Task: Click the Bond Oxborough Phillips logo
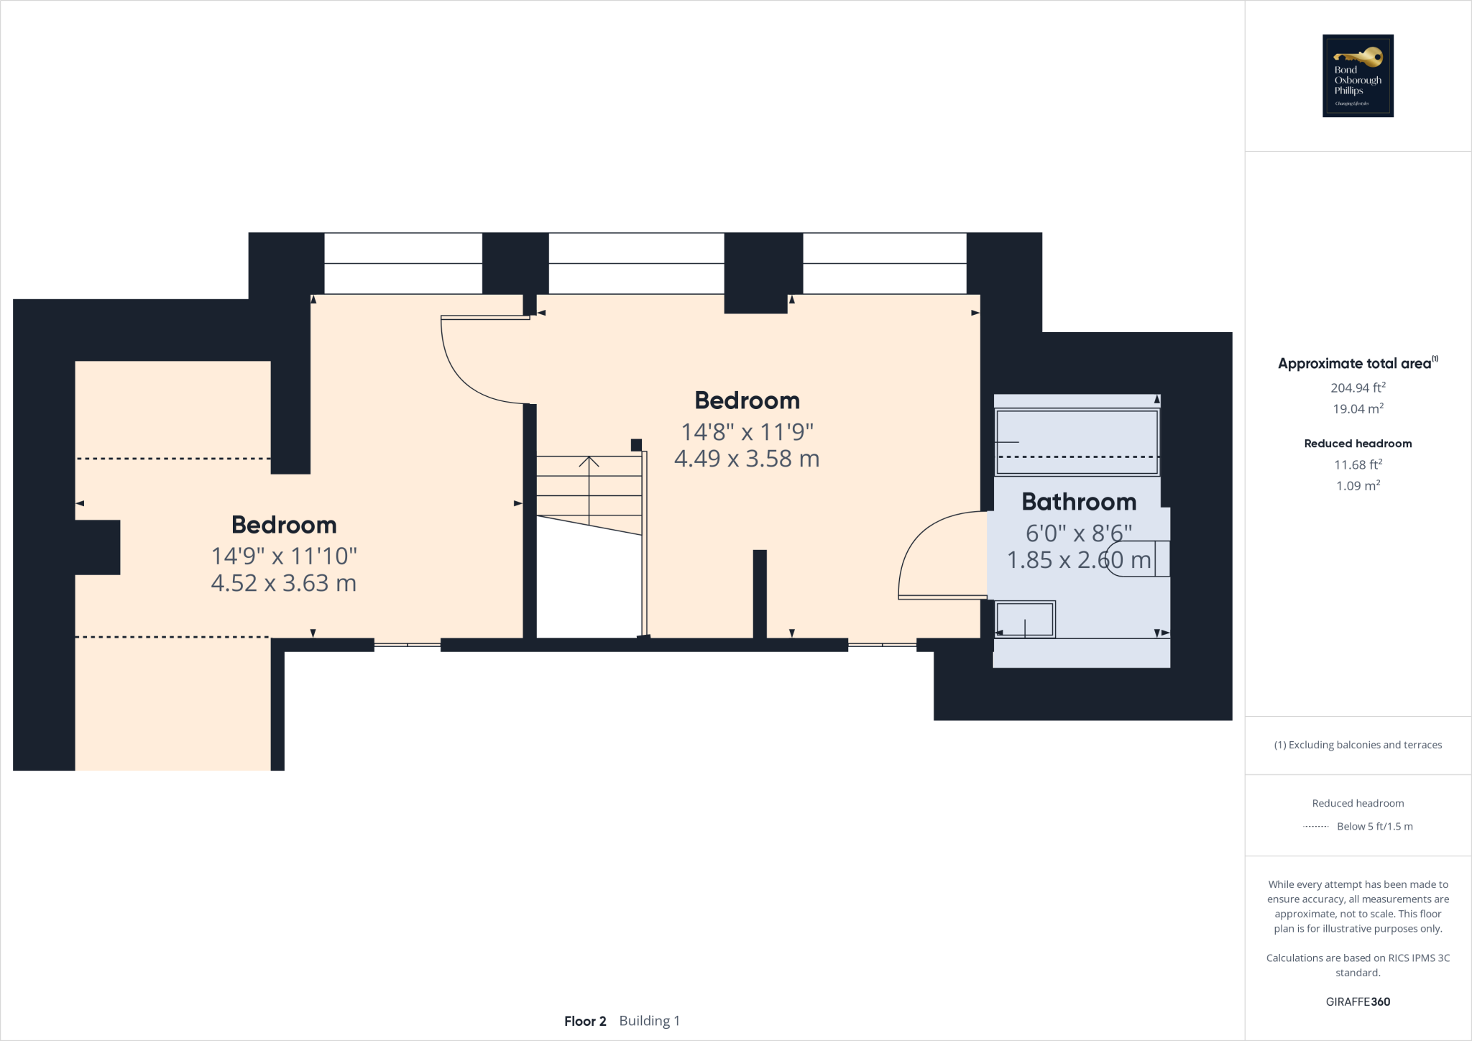coord(1358,75)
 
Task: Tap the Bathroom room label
coord(1079,502)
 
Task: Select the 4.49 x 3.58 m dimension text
coord(747,459)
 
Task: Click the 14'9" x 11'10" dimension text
coord(284,556)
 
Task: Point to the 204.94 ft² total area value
coord(1358,387)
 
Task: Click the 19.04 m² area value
coord(1358,408)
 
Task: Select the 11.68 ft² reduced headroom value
coord(1358,464)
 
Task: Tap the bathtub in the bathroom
coord(1077,441)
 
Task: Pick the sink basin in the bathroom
coord(1026,619)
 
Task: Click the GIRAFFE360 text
coord(1358,1001)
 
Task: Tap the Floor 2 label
coord(585,1021)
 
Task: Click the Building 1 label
coord(649,1021)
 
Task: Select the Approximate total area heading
coord(1355,364)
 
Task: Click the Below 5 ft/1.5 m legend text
coord(1374,826)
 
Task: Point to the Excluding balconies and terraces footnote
coord(1358,745)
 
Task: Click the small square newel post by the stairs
coord(636,445)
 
